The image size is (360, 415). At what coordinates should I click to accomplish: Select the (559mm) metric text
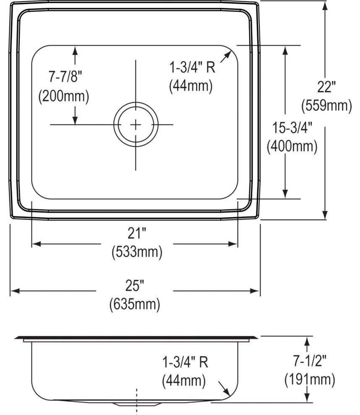point(326,106)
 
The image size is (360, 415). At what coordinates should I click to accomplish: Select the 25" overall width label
point(135,286)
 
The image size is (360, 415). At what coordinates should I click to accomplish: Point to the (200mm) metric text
point(64,96)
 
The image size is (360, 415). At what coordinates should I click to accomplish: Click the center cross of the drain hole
point(136,124)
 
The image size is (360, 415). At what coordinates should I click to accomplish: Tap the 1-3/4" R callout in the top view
point(192,67)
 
